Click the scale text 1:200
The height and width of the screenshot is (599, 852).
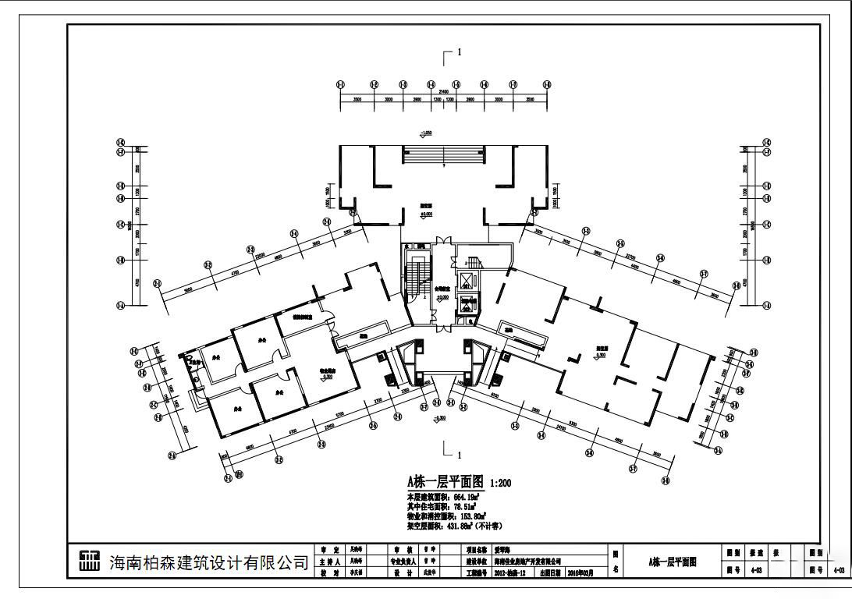coord(500,484)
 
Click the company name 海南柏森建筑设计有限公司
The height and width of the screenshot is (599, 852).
coord(208,562)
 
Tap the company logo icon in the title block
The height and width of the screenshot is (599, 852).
coord(90,561)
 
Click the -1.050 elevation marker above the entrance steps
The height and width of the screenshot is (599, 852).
coord(427,133)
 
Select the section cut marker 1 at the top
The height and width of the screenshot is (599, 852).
coord(460,52)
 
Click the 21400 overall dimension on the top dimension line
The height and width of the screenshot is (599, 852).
coord(443,90)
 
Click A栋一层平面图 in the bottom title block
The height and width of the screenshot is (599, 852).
coord(672,562)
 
